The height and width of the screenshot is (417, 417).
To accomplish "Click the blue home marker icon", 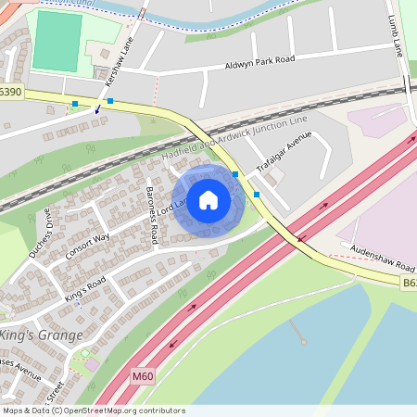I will pyautogui.click(x=208, y=200).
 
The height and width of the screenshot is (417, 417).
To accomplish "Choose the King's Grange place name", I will pyautogui.click(x=42, y=335).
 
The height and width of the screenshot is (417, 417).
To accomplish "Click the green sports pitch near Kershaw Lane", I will pyautogui.click(x=57, y=42).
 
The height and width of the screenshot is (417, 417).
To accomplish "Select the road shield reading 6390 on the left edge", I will pyautogui.click(x=10, y=92).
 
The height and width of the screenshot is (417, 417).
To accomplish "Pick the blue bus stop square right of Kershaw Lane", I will pyautogui.click(x=109, y=100).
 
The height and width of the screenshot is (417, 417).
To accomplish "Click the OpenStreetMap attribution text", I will pyautogui.click(x=93, y=411).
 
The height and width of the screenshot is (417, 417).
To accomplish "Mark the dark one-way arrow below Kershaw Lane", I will pyautogui.click(x=97, y=109).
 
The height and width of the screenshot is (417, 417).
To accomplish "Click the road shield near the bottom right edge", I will pyautogui.click(x=409, y=282).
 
